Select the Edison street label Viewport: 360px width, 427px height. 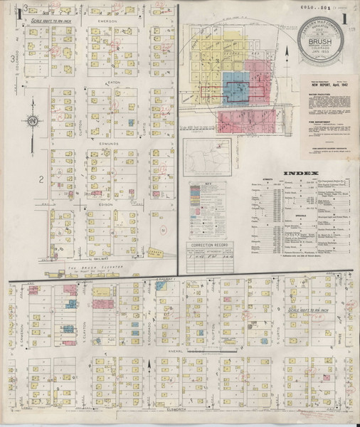click(x=107, y=201)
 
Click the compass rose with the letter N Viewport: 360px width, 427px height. click(x=33, y=122)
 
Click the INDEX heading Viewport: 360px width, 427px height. click(x=295, y=174)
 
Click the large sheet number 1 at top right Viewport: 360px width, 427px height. click(x=345, y=15)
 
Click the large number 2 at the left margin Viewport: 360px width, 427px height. click(x=42, y=179)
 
